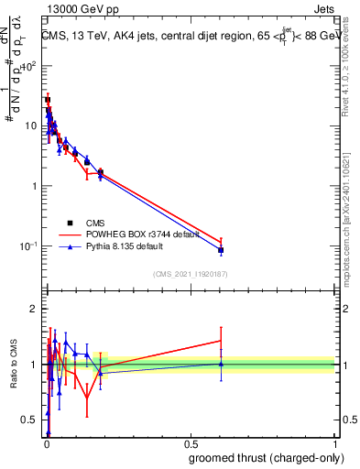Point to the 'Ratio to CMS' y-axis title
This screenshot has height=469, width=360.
coord(12,365)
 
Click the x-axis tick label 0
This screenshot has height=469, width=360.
coord(47,443)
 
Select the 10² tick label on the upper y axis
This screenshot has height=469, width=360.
coord(31,66)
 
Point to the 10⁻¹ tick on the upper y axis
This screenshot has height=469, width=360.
coord(31,245)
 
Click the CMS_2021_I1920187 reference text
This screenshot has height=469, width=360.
coord(191,273)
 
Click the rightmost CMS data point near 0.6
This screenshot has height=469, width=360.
coord(221,250)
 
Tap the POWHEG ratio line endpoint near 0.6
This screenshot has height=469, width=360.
coord(221,341)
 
